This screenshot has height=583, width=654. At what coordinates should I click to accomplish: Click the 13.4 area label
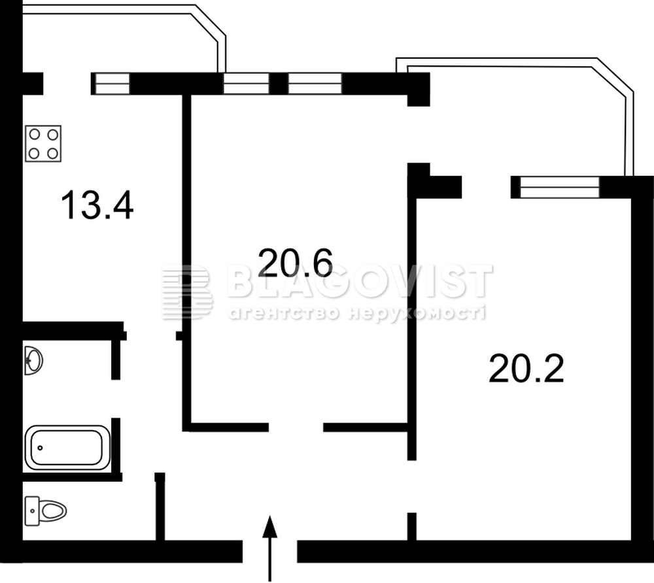point(97,205)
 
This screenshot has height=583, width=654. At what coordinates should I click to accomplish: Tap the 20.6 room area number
point(296,262)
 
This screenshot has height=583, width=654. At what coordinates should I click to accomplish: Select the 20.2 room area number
point(526,368)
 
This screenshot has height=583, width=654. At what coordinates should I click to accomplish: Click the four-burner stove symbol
point(43,143)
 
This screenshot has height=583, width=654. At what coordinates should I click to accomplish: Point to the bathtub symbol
point(67,448)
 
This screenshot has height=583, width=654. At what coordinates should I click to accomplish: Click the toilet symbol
point(46,510)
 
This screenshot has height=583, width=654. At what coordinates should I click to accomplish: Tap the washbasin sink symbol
point(33,361)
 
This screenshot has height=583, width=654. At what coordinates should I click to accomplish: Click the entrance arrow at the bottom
point(270,548)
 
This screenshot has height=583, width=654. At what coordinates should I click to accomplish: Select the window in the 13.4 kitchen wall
point(111,84)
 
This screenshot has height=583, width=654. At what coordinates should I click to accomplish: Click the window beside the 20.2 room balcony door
point(555,187)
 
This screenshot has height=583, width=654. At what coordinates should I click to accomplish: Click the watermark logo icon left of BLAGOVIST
point(187,292)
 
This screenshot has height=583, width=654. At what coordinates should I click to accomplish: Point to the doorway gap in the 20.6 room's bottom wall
point(296,427)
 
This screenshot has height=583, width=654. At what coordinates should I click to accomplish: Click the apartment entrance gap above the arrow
point(270,551)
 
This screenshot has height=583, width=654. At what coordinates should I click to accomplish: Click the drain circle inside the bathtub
point(40,448)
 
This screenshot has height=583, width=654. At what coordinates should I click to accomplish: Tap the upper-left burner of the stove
point(35,134)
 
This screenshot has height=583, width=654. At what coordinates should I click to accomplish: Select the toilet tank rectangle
point(31,511)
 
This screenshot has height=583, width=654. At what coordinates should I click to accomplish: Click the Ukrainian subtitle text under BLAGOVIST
point(356,313)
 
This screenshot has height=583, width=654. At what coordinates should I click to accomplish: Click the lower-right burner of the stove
point(52,154)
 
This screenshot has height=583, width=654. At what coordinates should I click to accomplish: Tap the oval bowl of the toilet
point(54,510)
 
